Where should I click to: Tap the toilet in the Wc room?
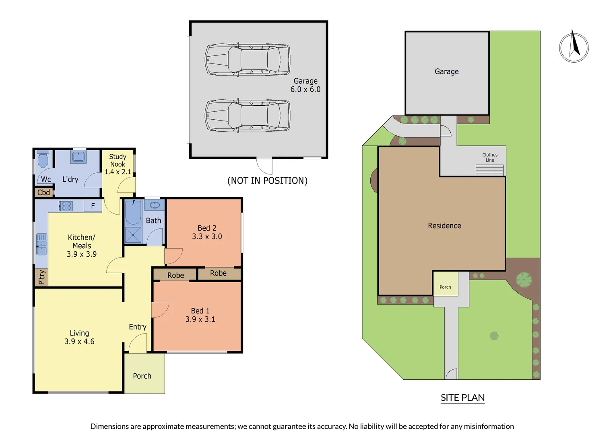coord(43,160)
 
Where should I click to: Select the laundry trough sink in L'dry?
coord(78,156)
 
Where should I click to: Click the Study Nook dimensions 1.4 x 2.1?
coord(118,172)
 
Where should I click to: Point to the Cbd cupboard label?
coord(43,192)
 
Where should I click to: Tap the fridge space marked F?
coord(93,206)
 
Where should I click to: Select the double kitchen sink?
coord(41,244)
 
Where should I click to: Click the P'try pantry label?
coord(41,277)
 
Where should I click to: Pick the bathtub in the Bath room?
coord(133,213)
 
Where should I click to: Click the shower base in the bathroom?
coord(133,235)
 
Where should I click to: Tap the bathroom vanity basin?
coord(155,205)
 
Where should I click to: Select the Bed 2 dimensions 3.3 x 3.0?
coord(207,237)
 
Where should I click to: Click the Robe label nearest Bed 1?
coord(175,275)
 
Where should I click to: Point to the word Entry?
coord(137,327)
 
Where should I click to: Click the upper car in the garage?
coord(247,60)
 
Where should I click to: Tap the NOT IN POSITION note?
coord(267,180)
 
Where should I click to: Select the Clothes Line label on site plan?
coord(489,157)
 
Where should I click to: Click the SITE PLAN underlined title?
coord(462,397)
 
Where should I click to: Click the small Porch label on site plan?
coord(445,287)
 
